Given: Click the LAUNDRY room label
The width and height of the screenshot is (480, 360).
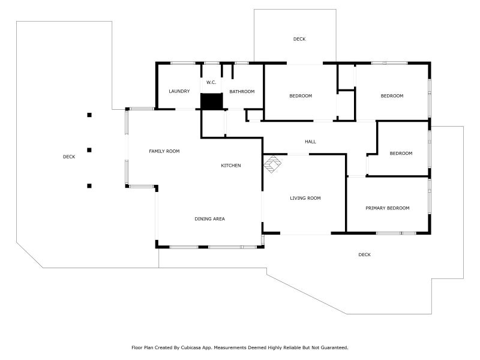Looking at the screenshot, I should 179,91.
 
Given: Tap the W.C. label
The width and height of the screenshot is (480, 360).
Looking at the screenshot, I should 211,82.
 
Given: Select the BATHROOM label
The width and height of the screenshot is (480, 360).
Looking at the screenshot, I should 242,91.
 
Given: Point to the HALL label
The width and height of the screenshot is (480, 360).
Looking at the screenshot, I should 310,142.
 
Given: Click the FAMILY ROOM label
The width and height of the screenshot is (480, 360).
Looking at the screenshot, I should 164,151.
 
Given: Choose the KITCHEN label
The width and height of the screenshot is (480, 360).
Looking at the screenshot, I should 231,165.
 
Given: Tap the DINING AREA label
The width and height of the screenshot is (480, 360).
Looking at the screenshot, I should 209,219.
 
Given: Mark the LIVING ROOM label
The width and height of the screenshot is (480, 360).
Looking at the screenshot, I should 305,198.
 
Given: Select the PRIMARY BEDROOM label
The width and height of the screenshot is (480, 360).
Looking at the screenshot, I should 388,208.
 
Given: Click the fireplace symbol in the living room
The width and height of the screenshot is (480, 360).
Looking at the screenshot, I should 273,164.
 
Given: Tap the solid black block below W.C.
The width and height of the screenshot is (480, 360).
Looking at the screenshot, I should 211,101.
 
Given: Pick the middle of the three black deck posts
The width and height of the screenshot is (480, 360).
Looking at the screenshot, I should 89,150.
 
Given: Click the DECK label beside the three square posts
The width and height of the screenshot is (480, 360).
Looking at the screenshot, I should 69,157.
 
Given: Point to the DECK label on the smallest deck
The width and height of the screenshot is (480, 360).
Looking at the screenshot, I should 299,39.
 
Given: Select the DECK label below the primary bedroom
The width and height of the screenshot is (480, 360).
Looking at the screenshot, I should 364,254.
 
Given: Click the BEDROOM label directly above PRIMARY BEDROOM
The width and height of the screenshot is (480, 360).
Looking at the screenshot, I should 401,153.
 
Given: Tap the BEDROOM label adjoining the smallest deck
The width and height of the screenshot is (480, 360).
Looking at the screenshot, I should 301,96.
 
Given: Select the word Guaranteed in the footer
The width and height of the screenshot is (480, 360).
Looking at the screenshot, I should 331,347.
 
